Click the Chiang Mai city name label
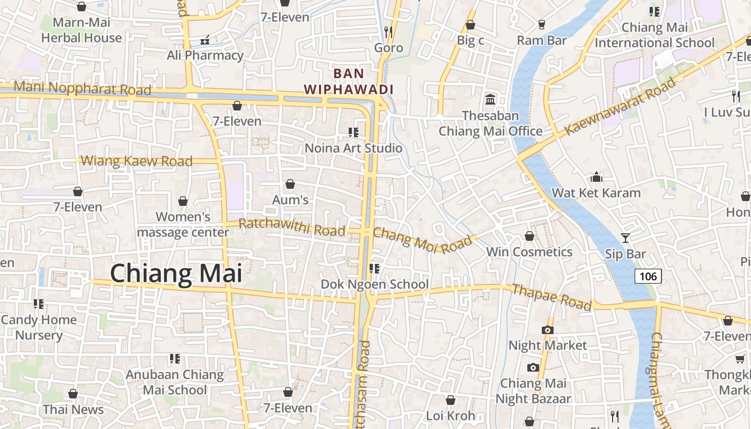click(176, 273)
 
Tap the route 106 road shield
click(648, 276)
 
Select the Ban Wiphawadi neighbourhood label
click(349, 81)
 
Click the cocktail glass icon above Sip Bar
click(625, 238)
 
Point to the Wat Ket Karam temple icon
click(596, 177)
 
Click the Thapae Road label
click(551, 297)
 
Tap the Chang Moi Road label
click(422, 240)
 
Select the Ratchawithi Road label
click(292, 227)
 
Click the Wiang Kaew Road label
click(136, 161)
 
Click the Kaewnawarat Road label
click(621, 105)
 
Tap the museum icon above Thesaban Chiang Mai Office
click(490, 99)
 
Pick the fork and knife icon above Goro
click(388, 32)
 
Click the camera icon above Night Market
click(547, 330)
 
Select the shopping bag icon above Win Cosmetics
click(529, 236)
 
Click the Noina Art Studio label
click(354, 148)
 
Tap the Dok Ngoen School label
click(374, 284)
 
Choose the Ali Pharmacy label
click(205, 55)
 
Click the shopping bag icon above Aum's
click(290, 184)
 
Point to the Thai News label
click(73, 409)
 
